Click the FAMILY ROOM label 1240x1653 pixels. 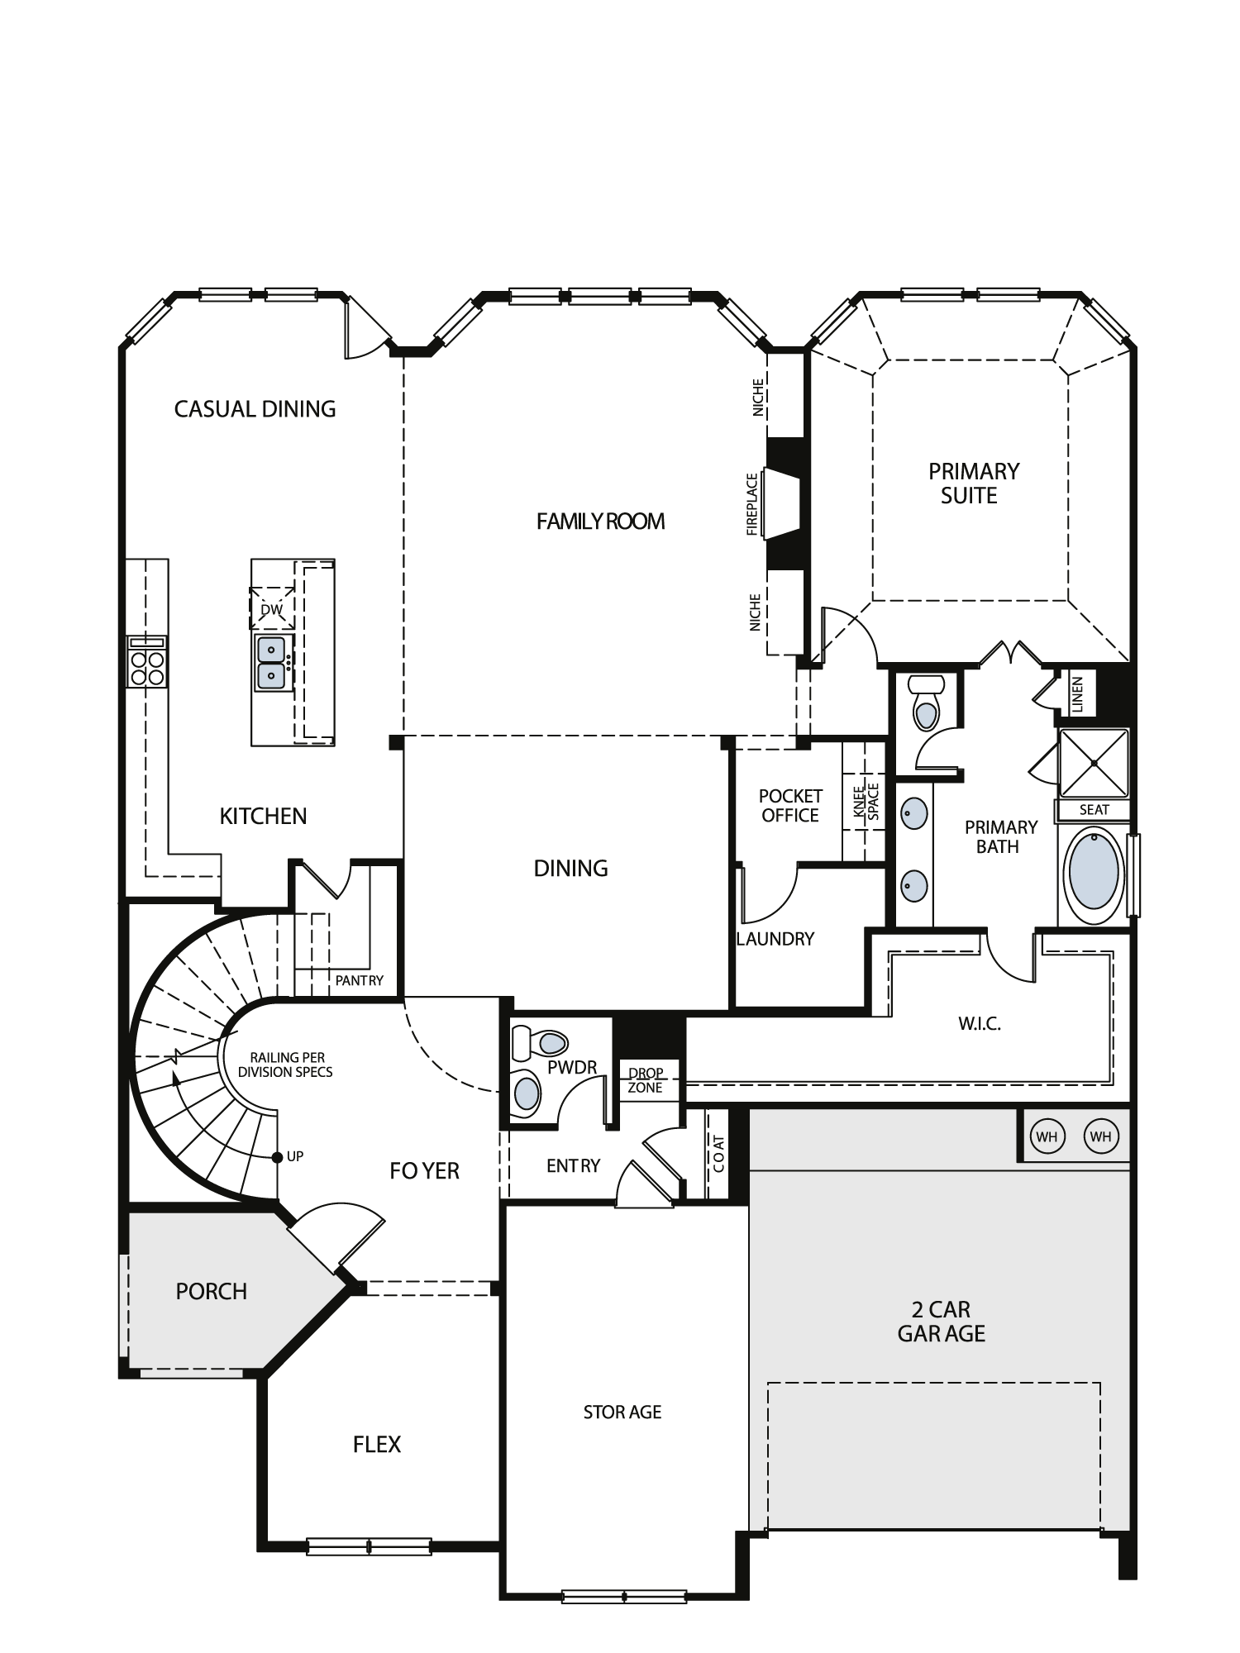pos(600,522)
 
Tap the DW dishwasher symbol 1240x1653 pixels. pos(272,609)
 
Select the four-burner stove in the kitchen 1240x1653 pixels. pos(146,662)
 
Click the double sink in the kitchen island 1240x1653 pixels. pos(272,664)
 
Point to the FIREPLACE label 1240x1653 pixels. pos(752,504)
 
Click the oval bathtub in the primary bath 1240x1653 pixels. pos(1094,871)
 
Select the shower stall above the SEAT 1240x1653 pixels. pos(1094,763)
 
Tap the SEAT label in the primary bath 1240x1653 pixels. pos(1094,810)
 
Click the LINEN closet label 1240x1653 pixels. pos(1076,693)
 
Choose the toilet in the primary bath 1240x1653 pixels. pos(926,703)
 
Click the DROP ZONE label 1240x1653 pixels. pos(645,1080)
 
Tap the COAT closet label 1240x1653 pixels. pos(718,1154)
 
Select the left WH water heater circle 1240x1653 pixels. pos(1047,1136)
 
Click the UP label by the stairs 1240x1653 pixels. pos(295,1156)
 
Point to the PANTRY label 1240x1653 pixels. pos(359,980)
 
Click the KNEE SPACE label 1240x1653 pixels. pos(866,801)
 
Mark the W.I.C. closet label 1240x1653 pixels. pos(980,1024)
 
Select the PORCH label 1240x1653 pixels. pos(212,1291)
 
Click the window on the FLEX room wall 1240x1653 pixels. pos(369,1546)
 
